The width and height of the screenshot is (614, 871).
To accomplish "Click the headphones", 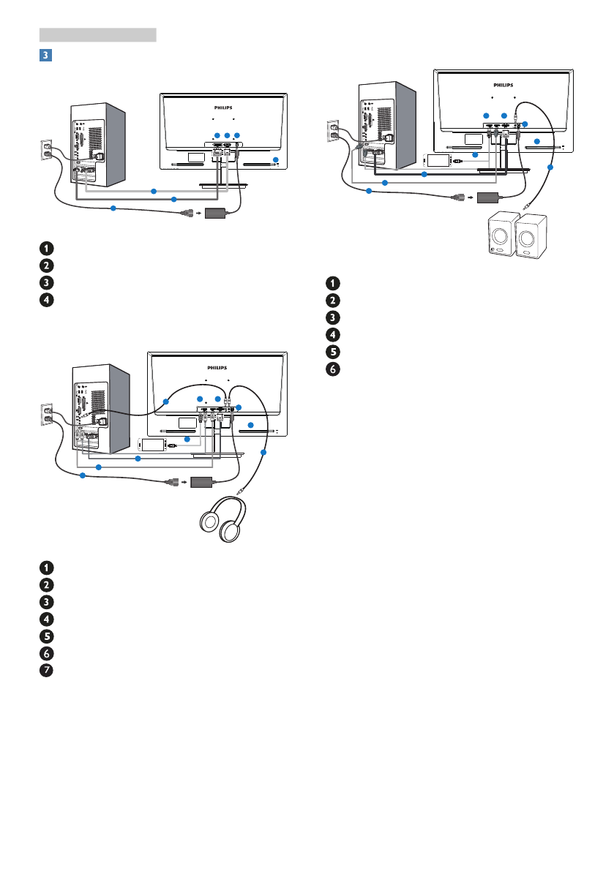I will [x=220, y=521].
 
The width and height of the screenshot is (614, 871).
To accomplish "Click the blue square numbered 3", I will [x=46, y=55].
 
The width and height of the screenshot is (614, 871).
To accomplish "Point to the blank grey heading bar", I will [x=98, y=34].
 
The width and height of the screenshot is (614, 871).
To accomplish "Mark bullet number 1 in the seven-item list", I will [x=46, y=567].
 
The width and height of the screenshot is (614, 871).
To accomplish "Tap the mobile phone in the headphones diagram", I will [x=152, y=444].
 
